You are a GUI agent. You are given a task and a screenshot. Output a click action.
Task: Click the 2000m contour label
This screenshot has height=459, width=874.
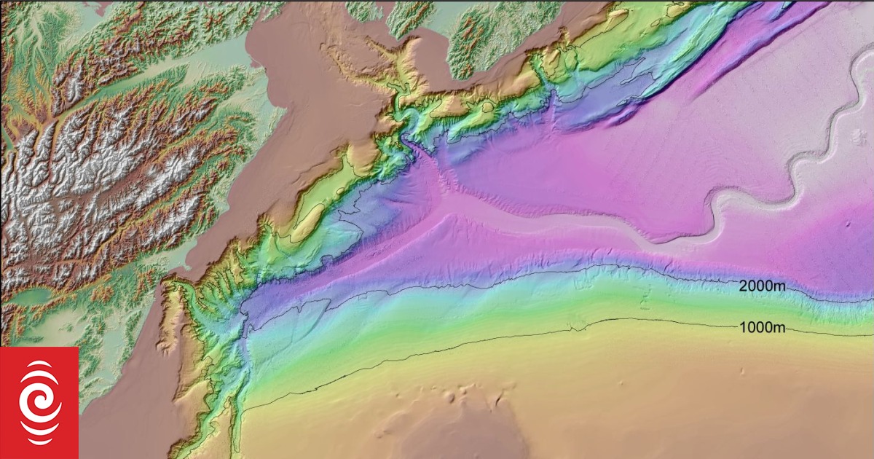point(762,286)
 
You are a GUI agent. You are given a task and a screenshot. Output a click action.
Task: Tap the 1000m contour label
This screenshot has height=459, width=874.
point(762,327)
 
